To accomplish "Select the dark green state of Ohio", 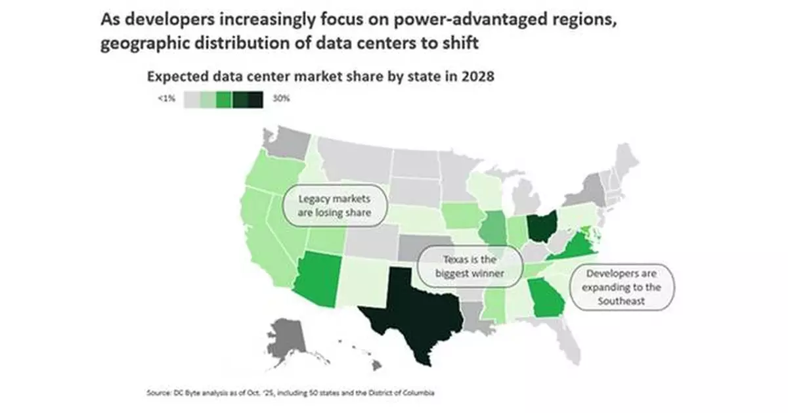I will coord(543,226).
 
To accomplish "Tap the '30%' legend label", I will coord(280,98).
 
